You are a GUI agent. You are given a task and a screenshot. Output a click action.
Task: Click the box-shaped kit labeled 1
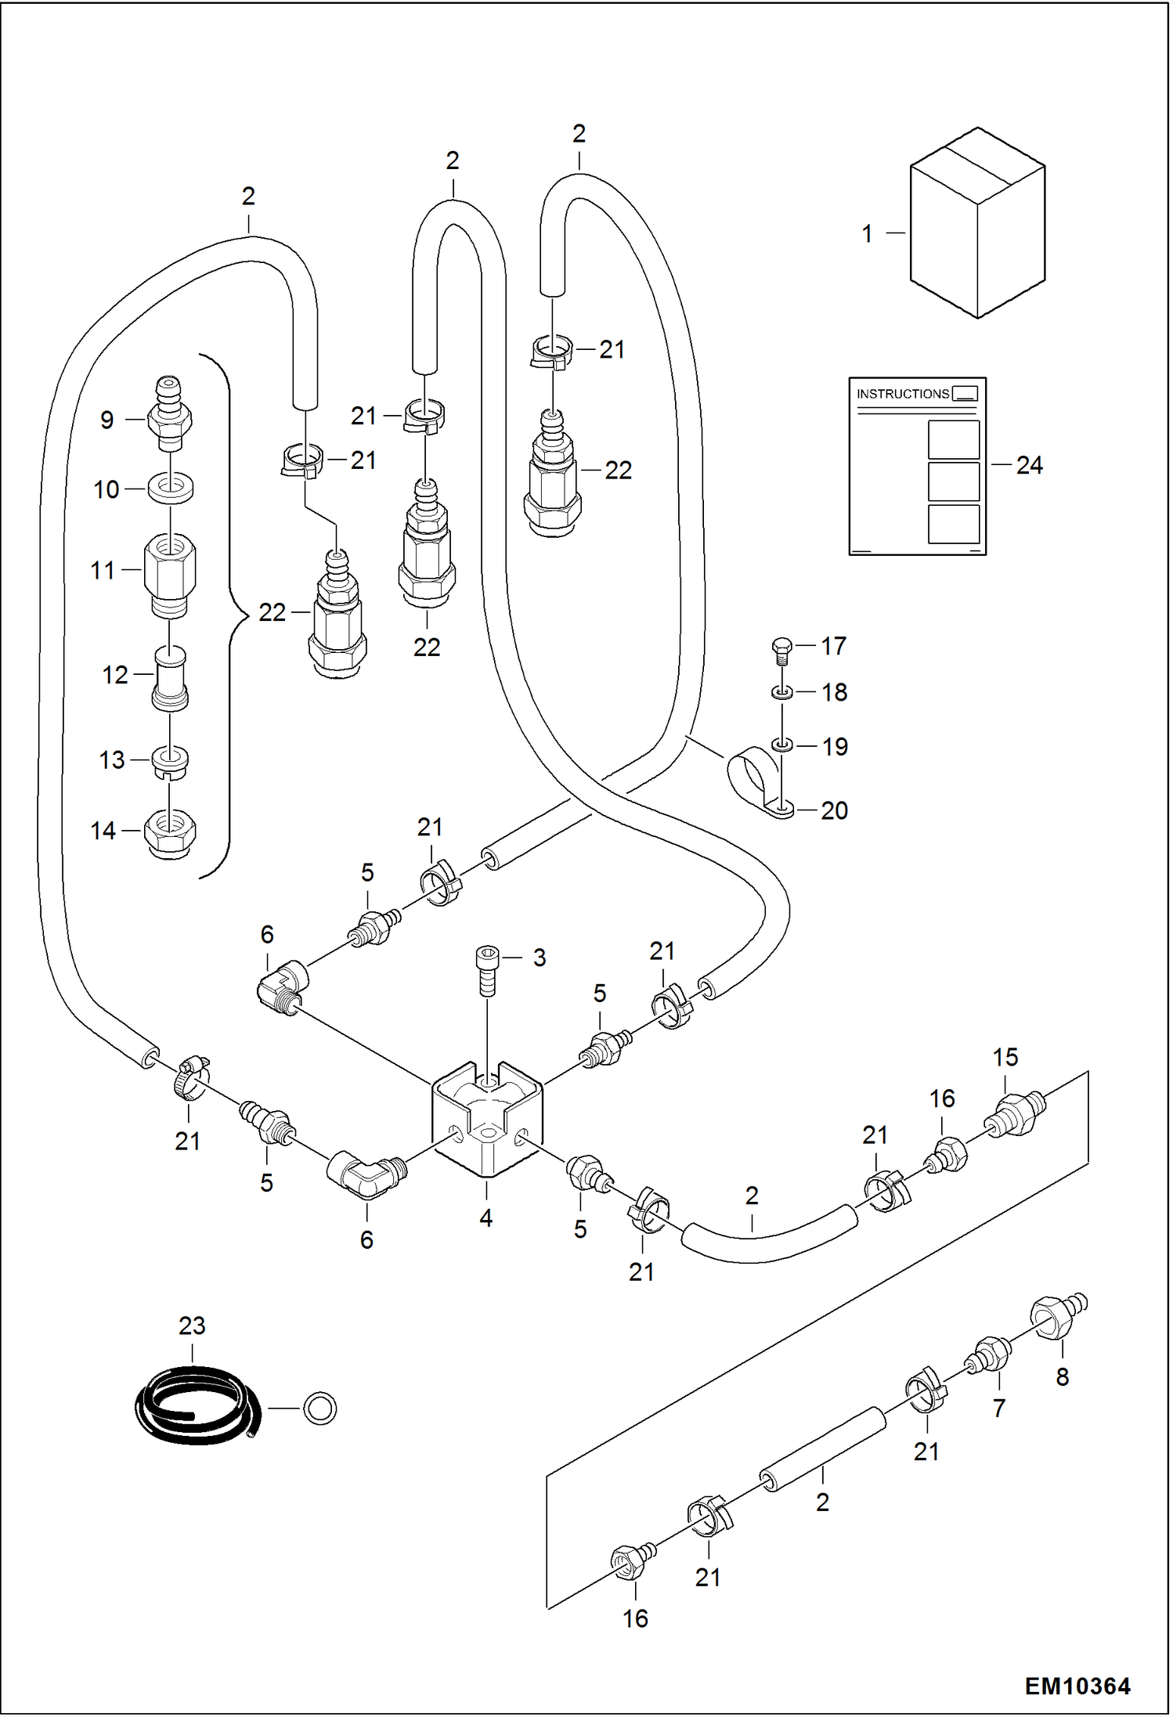[977, 223]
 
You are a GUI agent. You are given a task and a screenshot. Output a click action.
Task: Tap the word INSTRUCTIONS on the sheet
[902, 394]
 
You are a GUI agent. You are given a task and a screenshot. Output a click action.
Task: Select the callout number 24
[1029, 465]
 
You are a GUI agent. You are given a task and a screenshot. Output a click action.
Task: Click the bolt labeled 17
[781, 651]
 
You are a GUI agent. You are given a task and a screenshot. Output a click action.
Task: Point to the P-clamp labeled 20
[760, 785]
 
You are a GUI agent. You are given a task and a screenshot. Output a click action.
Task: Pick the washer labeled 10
[171, 489]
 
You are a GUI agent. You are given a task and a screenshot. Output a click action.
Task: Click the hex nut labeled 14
[170, 833]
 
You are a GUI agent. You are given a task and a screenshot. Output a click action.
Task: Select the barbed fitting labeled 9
[169, 414]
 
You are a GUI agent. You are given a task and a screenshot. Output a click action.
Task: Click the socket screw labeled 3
[487, 971]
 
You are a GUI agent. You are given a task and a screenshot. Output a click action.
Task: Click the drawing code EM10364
[1077, 1686]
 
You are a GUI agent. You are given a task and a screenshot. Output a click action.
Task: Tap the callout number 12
[115, 675]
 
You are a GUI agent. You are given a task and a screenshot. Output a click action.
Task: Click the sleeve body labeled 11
[170, 575]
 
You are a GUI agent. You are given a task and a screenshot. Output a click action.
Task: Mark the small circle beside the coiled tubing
[319, 1408]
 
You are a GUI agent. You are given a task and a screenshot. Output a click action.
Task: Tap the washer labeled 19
[781, 745]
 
